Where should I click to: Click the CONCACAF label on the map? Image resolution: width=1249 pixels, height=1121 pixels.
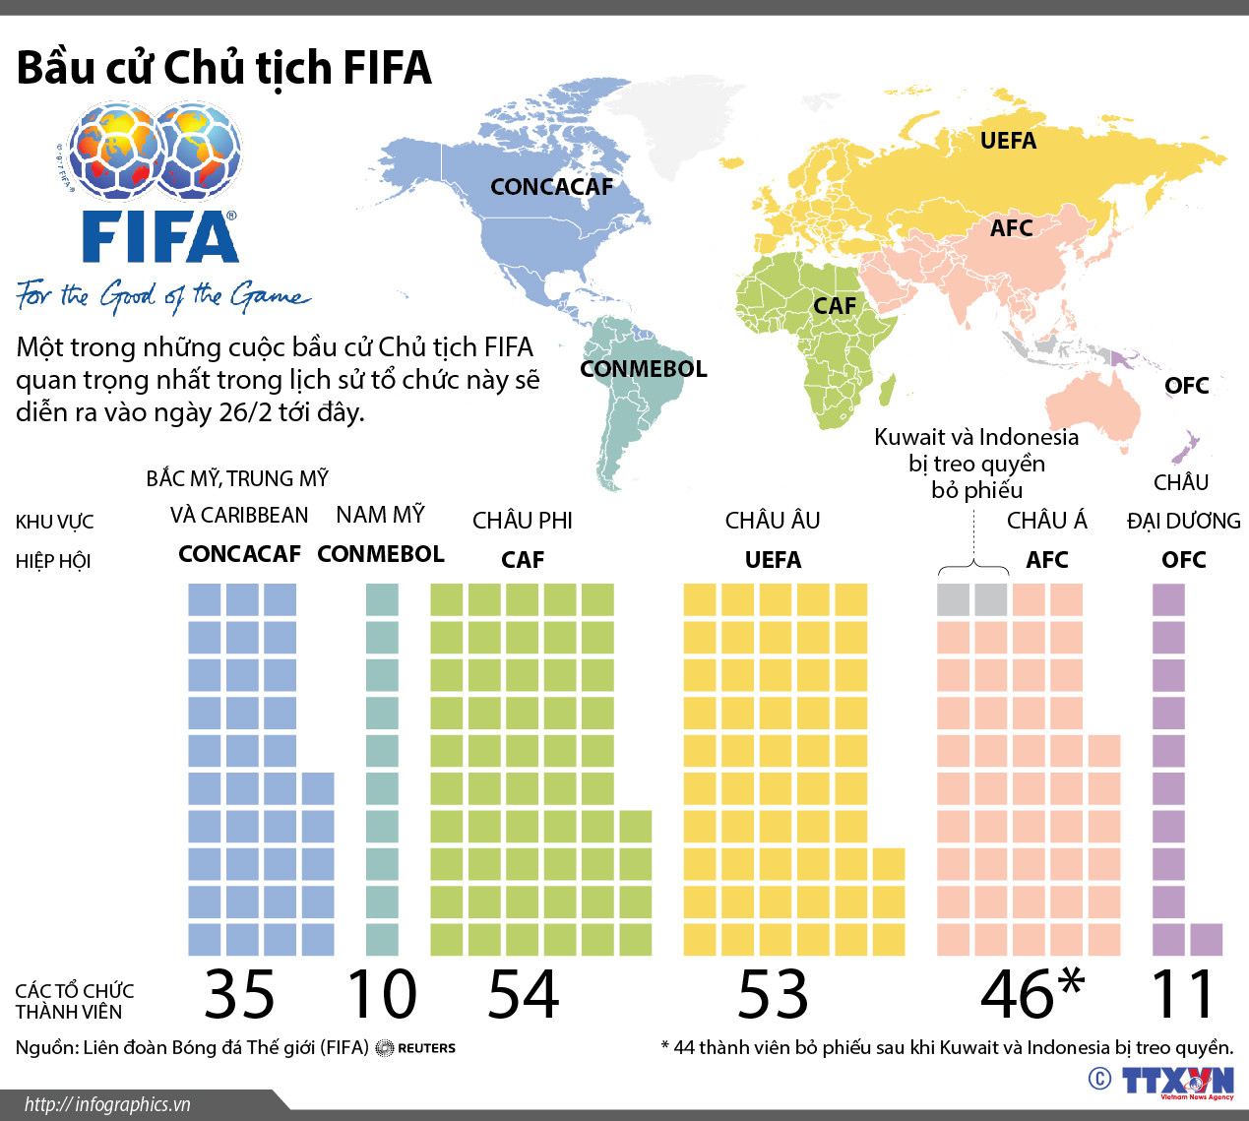[x=551, y=187]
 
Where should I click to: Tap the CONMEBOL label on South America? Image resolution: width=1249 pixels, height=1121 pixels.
[x=643, y=369]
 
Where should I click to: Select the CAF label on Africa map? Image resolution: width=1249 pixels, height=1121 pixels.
[x=834, y=306]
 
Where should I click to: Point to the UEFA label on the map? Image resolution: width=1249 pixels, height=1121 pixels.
[x=1008, y=141]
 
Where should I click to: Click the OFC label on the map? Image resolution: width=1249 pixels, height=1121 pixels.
[x=1186, y=386]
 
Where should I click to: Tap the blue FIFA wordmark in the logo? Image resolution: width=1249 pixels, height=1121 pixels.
[x=159, y=237]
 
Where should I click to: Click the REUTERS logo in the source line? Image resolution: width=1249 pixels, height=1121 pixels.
[x=416, y=1048]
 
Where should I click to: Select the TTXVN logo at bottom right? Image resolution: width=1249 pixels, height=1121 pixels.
[x=1177, y=1081]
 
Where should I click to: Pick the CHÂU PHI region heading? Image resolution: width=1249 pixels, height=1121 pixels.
[x=522, y=521]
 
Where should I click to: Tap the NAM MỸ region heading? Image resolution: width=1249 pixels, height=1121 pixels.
[x=380, y=515]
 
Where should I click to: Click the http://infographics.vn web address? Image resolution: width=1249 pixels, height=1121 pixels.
[x=107, y=1104]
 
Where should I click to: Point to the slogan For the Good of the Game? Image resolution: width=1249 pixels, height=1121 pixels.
[x=162, y=295]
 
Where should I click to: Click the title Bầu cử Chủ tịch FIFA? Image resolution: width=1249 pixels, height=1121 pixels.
[x=224, y=68]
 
